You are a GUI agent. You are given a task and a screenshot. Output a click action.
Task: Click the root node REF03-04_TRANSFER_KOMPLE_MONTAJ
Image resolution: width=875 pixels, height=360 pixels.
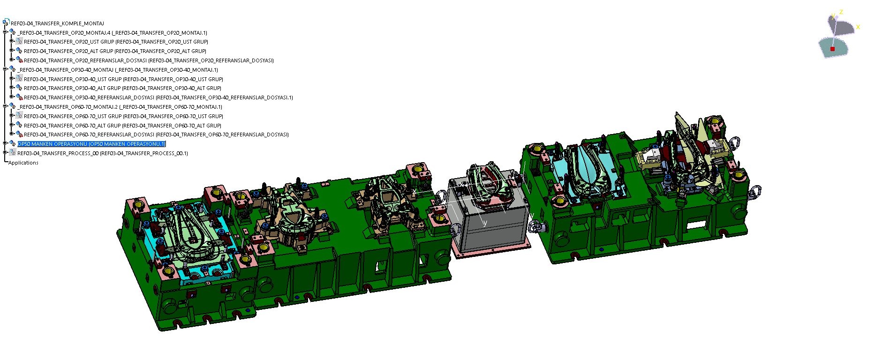click(57, 23)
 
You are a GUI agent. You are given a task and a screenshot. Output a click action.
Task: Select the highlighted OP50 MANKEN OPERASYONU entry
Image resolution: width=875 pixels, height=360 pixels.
click(92, 144)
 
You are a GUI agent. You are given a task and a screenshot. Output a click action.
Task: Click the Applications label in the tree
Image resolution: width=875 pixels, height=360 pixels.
click(23, 163)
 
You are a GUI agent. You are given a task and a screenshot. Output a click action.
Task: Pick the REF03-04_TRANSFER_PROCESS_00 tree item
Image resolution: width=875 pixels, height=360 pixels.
click(103, 153)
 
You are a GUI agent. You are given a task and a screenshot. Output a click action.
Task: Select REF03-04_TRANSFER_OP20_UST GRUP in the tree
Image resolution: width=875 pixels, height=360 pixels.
click(116, 42)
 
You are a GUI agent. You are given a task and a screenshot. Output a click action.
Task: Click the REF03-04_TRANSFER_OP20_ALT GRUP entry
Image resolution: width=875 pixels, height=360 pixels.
click(115, 51)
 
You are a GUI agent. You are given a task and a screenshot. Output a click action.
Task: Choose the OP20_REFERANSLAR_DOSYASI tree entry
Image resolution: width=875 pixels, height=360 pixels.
click(149, 60)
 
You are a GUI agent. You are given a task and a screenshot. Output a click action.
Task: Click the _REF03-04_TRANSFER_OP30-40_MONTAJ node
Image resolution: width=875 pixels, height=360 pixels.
click(118, 70)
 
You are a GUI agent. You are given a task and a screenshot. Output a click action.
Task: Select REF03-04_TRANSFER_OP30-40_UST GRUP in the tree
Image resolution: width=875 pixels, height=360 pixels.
click(123, 79)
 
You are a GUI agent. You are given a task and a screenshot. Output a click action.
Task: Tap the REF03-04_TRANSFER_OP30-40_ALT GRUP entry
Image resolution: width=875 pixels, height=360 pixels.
click(122, 88)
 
